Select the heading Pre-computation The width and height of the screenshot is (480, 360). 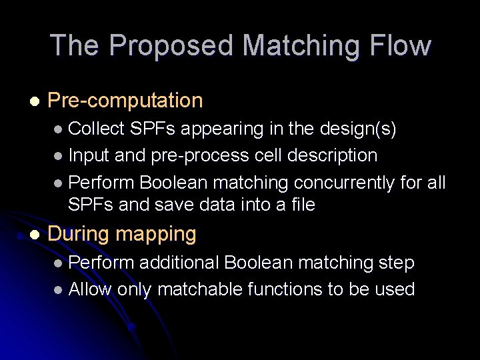pyautogui.click(x=125, y=101)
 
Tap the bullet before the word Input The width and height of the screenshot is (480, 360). pyautogui.click(x=59, y=157)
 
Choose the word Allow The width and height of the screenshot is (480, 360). pyautogui.click(x=91, y=289)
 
